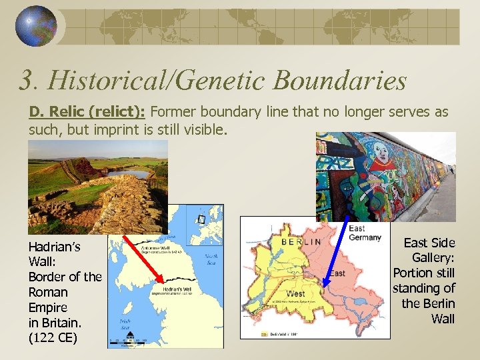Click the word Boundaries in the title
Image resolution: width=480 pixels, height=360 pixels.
(338, 81)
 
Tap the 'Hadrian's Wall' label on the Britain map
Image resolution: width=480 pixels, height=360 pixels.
(174, 291)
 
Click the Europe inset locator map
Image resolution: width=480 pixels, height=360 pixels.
(206, 221)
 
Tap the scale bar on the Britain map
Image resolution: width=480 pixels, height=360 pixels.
(128, 342)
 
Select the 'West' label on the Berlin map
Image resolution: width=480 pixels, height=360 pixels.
(295, 293)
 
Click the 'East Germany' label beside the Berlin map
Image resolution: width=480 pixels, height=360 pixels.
(365, 233)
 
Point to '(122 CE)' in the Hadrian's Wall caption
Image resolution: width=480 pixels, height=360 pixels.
(53, 338)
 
